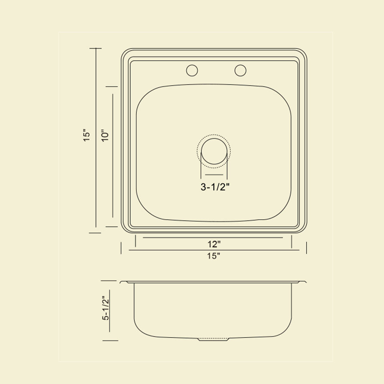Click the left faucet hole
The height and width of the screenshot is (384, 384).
point(192,71)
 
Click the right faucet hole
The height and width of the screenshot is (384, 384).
point(240,71)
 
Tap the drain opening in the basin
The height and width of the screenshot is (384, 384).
point(214,151)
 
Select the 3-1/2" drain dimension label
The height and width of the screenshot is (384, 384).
point(215,187)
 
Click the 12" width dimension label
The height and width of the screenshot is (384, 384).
point(214,244)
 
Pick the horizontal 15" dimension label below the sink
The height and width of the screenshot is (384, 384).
point(214,256)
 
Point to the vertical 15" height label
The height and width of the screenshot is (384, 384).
point(87,135)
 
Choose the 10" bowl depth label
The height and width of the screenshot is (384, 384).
point(105,135)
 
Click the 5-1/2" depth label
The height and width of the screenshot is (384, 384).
point(106,308)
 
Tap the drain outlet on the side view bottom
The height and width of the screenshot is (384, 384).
point(213,339)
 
